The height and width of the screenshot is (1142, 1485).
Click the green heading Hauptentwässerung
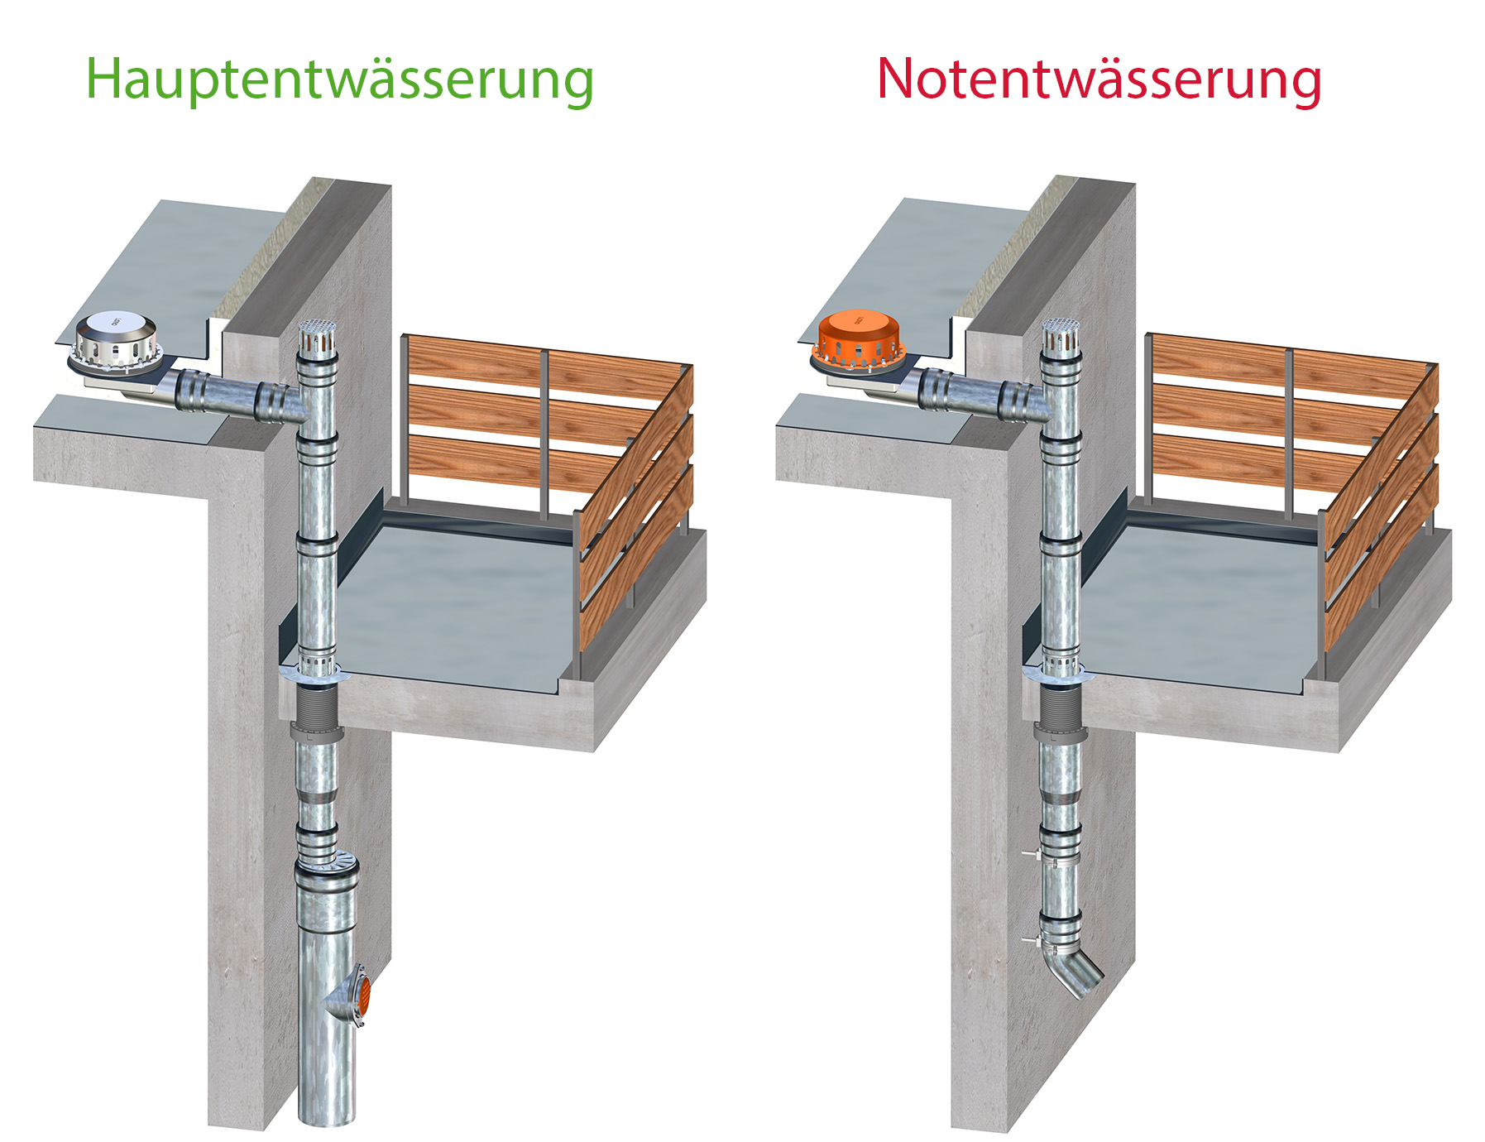339,79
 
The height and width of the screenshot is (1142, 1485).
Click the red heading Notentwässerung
1099,79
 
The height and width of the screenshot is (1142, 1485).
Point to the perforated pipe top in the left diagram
316,336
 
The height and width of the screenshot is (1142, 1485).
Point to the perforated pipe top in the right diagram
1061,334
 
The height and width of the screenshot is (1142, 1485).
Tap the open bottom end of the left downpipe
326,1118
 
